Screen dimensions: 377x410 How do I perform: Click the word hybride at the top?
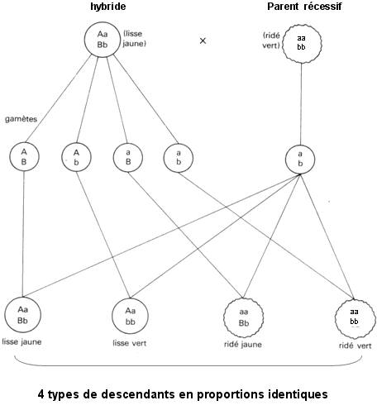[x=108, y=7]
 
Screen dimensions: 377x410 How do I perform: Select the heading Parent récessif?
[x=304, y=7]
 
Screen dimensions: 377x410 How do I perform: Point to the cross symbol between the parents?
[x=203, y=41]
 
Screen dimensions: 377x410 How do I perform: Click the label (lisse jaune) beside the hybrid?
[x=134, y=39]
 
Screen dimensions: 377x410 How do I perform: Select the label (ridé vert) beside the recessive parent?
[x=271, y=41]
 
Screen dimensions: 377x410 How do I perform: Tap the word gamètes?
[x=21, y=119]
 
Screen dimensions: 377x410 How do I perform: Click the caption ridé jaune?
[x=243, y=345]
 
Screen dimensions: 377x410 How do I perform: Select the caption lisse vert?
[x=130, y=343]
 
